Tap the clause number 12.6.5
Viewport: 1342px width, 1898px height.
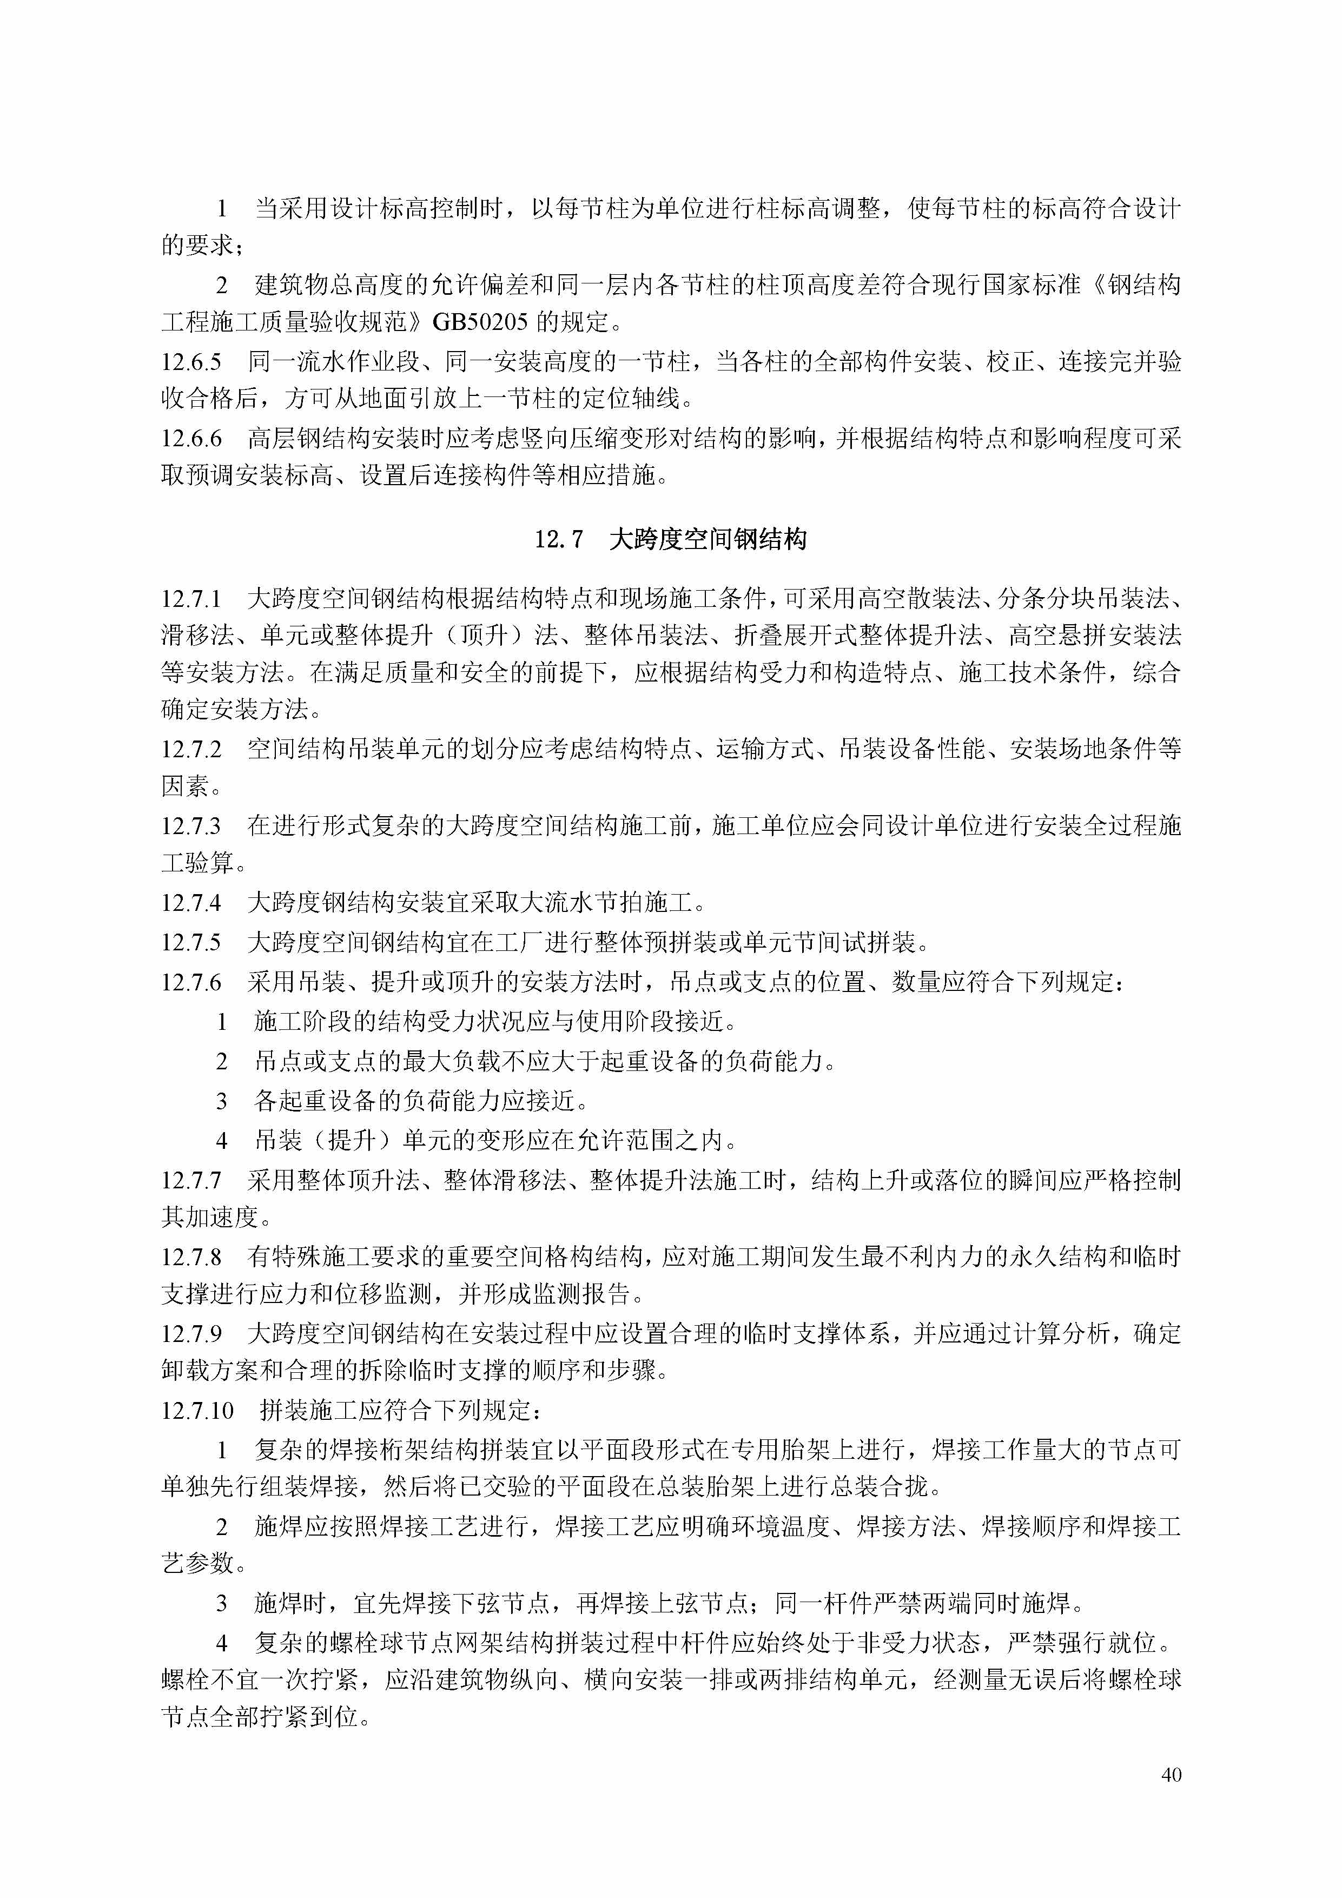pos(191,362)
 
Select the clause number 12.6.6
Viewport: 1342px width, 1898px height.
pos(191,438)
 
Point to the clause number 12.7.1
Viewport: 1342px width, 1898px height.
pos(191,598)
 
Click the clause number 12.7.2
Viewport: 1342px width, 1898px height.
pos(191,750)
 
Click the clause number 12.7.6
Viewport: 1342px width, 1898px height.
pos(191,982)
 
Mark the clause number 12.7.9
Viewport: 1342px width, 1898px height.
pos(191,1333)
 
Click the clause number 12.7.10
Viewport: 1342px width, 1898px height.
pos(197,1410)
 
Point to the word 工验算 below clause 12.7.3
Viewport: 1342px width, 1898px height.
pos(197,863)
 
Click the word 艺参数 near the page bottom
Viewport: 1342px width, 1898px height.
pos(197,1563)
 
